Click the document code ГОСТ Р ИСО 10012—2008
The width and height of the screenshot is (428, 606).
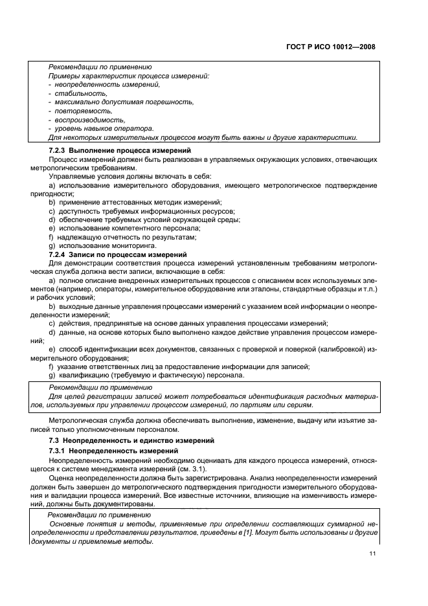(x=330, y=47)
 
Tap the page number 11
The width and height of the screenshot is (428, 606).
(x=372, y=554)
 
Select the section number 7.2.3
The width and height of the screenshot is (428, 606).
(x=60, y=150)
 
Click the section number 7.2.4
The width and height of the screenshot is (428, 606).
(x=60, y=255)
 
